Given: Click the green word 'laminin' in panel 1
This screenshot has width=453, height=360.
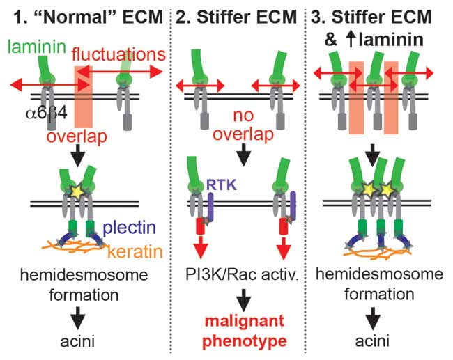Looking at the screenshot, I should (36, 48).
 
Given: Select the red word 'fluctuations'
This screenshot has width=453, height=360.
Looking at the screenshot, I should (118, 54).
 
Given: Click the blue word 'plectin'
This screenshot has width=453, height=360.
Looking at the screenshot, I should (130, 228).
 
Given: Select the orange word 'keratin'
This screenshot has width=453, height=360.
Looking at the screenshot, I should (133, 247).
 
